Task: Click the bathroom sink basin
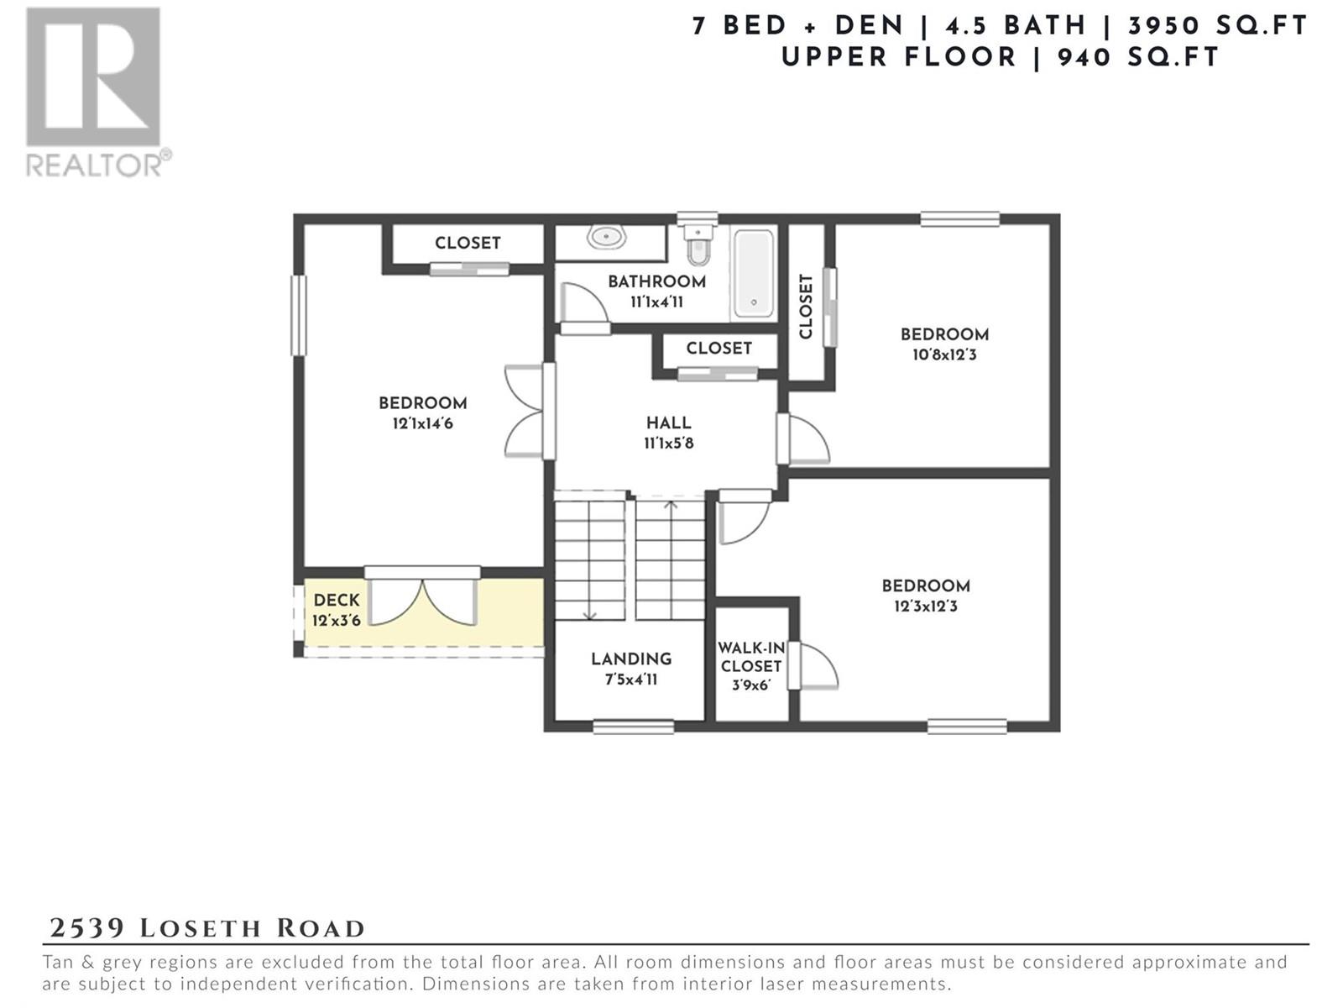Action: [x=606, y=237]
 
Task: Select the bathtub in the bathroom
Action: [x=754, y=274]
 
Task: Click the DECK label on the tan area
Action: [x=337, y=601]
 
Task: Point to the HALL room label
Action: [x=669, y=423]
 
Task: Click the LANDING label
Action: [x=631, y=659]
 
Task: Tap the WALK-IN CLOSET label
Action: [x=750, y=658]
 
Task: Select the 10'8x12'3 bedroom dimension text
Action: [x=944, y=355]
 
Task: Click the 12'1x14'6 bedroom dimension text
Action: [x=423, y=423]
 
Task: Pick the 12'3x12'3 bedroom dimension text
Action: [x=926, y=606]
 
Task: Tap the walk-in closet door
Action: [x=813, y=665]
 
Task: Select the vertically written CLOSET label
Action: [x=806, y=306]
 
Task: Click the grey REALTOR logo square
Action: [x=93, y=76]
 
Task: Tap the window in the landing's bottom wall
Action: [x=633, y=727]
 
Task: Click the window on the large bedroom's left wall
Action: [x=299, y=315]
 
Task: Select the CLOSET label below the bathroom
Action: [x=719, y=349]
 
